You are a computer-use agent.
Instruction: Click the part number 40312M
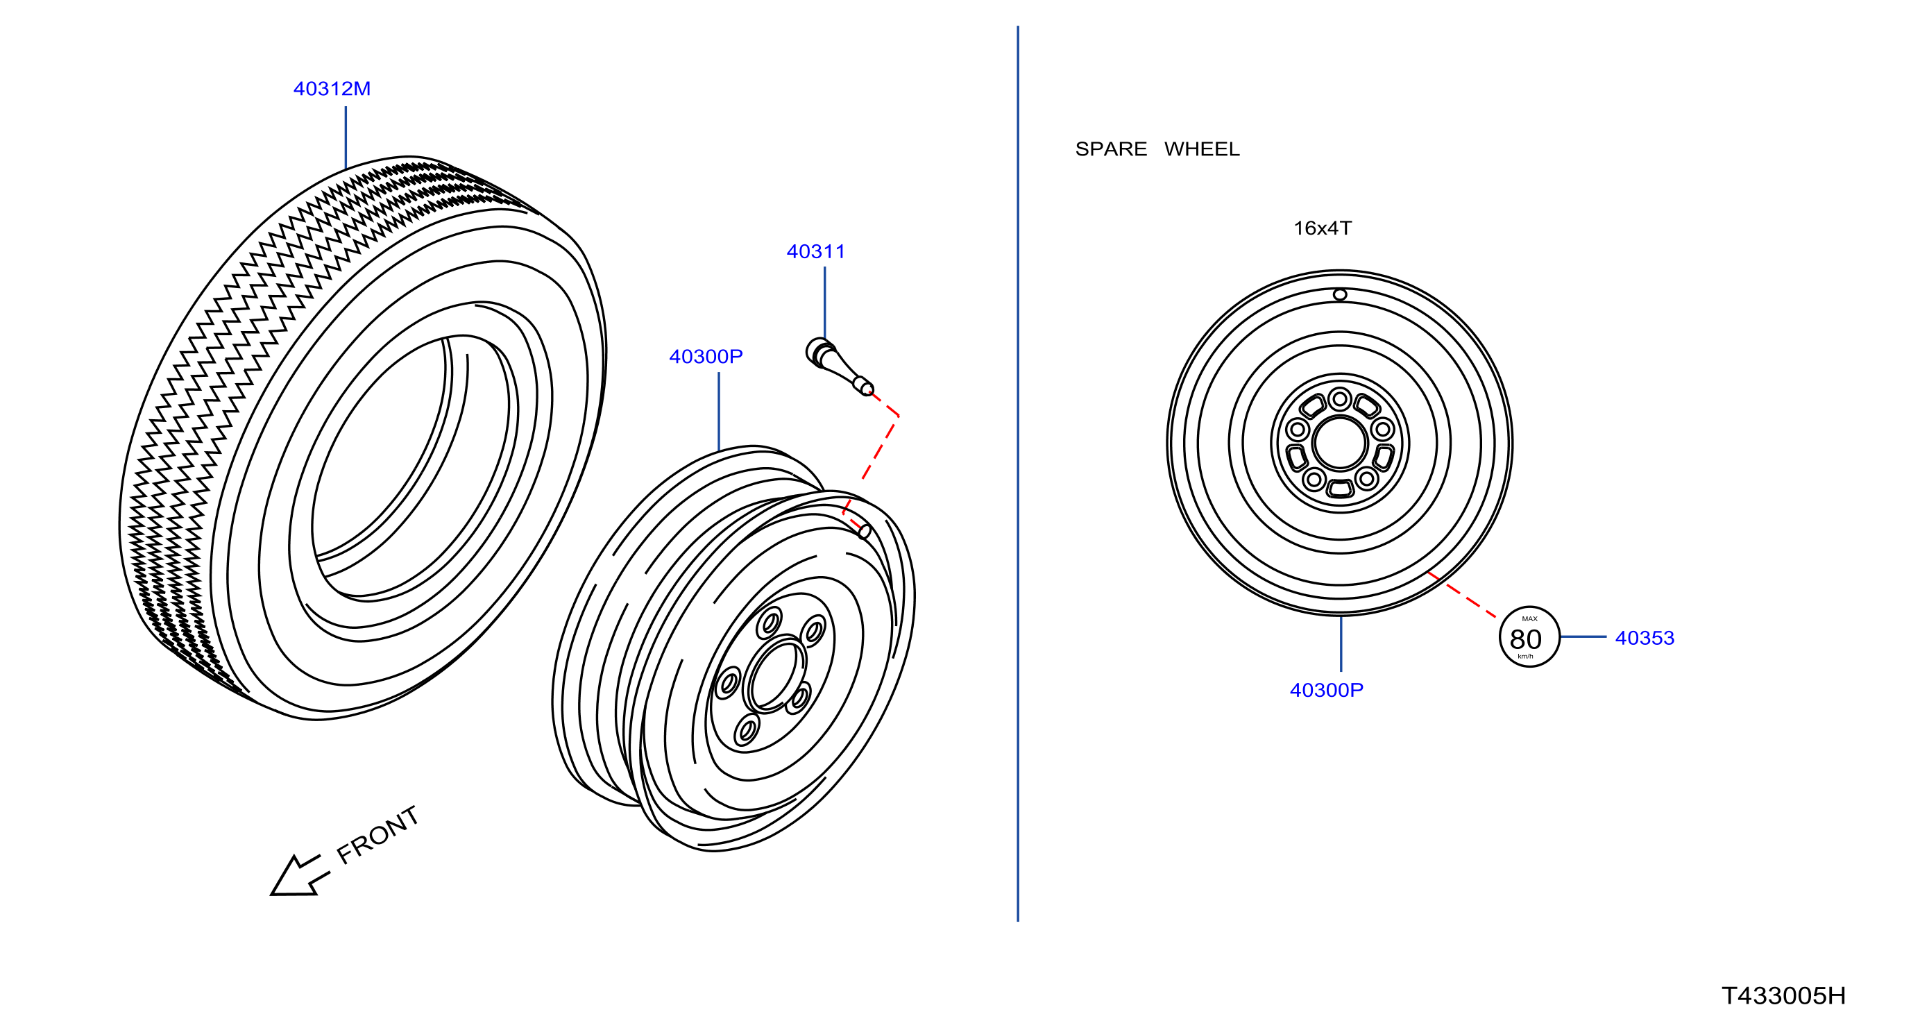[x=332, y=89]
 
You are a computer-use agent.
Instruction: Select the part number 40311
[x=815, y=252]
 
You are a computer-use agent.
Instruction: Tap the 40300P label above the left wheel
[x=706, y=356]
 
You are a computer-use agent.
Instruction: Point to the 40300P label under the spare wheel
[x=1326, y=690]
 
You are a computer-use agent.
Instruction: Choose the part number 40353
[x=1645, y=638]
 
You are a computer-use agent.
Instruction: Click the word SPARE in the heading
[x=1110, y=149]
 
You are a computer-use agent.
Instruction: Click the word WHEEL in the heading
[x=1202, y=149]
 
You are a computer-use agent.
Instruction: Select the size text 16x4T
[x=1323, y=228]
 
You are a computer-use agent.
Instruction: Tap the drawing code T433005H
[x=1783, y=996]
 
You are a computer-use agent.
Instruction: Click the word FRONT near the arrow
[x=377, y=835]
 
